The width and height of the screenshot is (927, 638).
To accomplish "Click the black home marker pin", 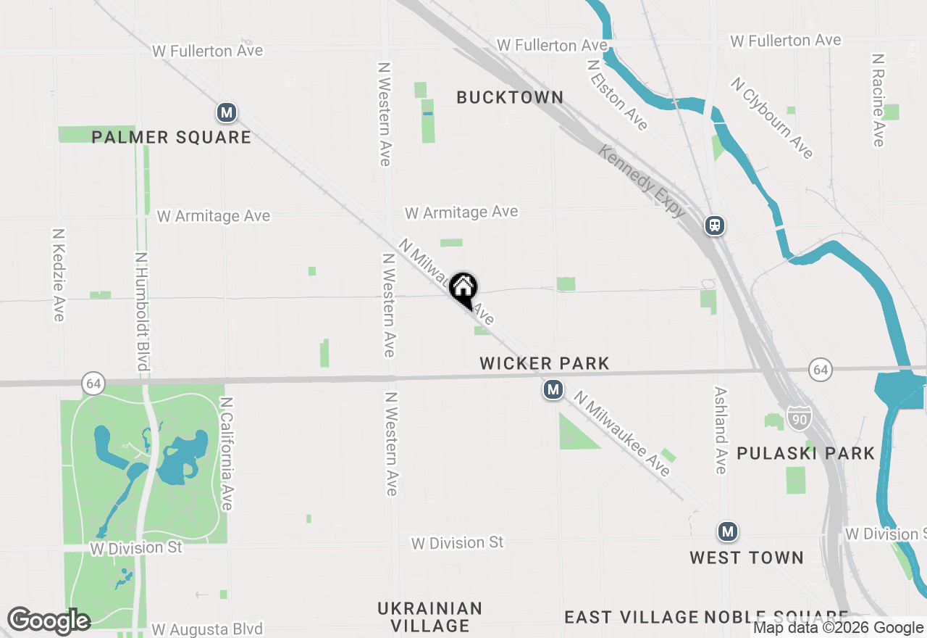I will (x=463, y=290).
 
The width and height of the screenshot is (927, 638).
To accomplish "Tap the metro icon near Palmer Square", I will (x=227, y=112).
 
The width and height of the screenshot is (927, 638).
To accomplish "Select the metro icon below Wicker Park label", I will (x=553, y=390).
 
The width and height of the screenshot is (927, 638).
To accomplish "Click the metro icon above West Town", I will (x=728, y=531).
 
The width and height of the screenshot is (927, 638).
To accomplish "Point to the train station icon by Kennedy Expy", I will (x=715, y=225).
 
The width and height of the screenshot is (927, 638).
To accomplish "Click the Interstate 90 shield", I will (x=800, y=418).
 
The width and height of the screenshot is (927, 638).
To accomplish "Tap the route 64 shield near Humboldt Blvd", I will (x=93, y=383).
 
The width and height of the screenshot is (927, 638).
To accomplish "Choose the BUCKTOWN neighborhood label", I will (x=510, y=97).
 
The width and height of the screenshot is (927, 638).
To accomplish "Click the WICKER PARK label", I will (x=545, y=363).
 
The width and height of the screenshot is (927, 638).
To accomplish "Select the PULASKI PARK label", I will (x=805, y=453).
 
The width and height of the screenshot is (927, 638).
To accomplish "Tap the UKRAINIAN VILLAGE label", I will (x=429, y=616).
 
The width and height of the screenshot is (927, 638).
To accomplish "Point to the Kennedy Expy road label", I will (x=642, y=181).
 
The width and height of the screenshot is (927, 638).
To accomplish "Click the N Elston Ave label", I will (x=618, y=94).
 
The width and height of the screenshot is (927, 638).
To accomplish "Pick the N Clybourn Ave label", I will (x=773, y=117).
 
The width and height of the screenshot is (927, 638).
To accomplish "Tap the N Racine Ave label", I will (x=878, y=99).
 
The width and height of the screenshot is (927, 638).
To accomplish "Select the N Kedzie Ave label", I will (x=59, y=275).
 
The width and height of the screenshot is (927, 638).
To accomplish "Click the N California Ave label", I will (x=227, y=453).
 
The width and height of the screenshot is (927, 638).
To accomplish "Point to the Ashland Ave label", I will (x=720, y=430).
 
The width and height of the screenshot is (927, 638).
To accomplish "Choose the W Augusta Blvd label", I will (x=207, y=629).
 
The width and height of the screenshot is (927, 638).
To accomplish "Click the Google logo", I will (x=48, y=621).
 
